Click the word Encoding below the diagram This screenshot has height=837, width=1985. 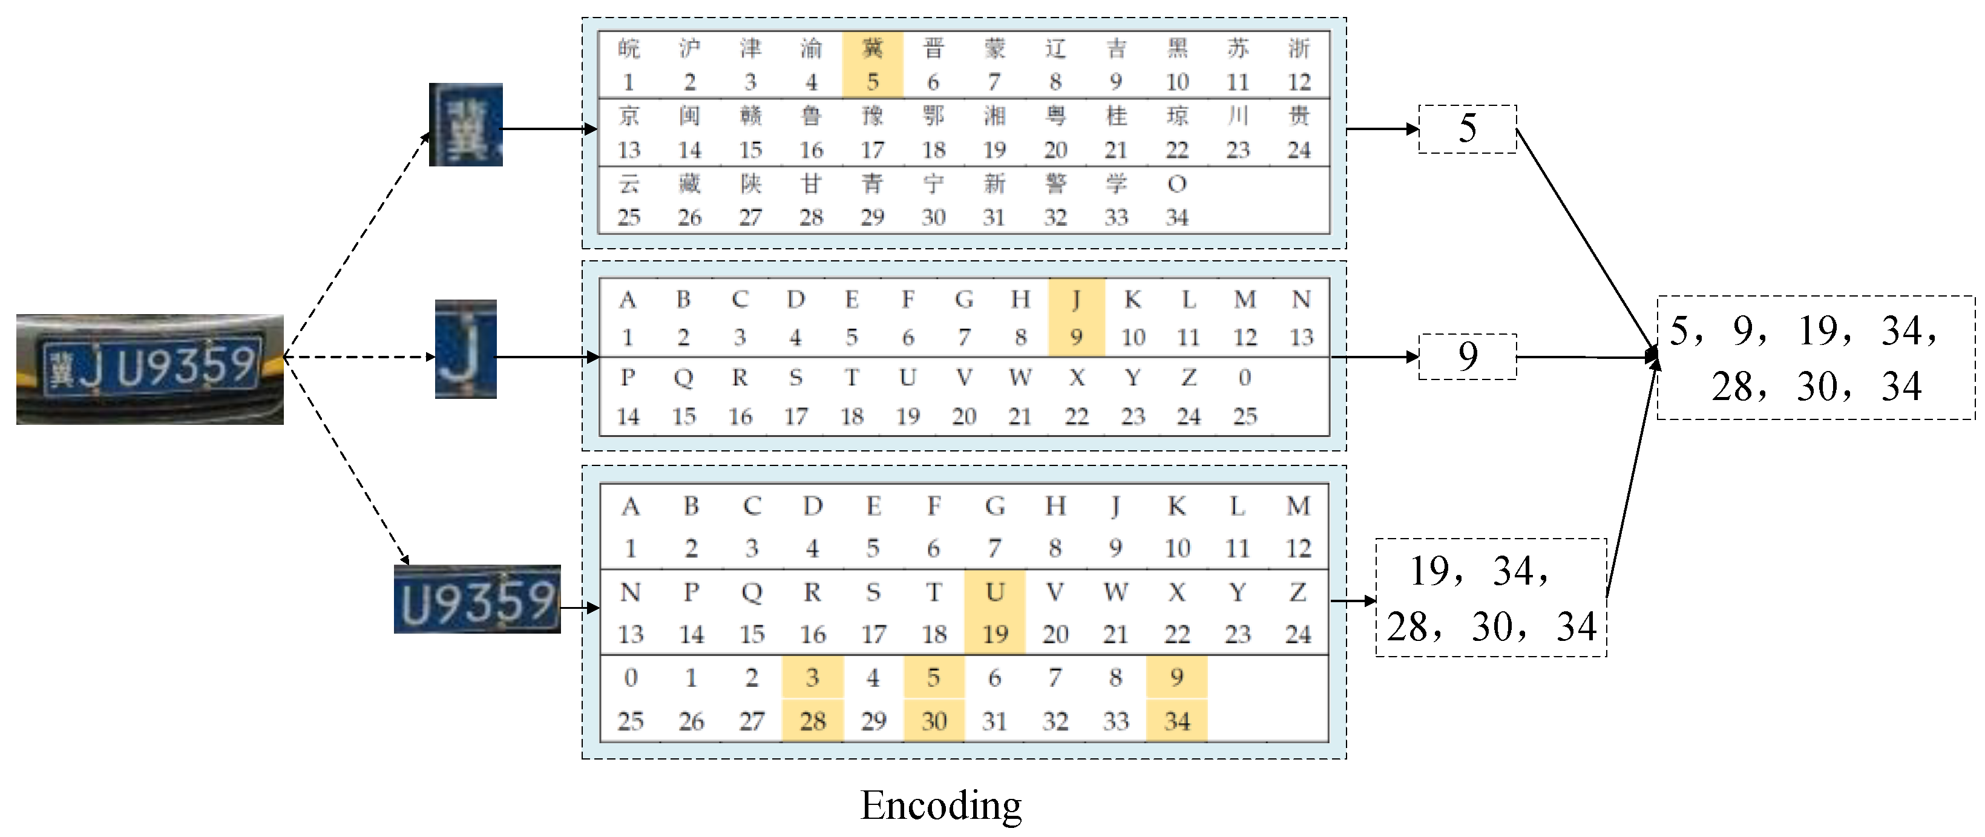click(x=941, y=806)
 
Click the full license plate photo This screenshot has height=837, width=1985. click(x=150, y=369)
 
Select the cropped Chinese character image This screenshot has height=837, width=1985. click(x=465, y=125)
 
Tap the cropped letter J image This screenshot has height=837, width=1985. click(x=465, y=349)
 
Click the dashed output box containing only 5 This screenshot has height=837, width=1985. click(x=1467, y=129)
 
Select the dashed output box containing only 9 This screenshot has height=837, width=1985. click(x=1467, y=356)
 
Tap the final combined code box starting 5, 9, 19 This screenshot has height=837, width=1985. click(x=1815, y=358)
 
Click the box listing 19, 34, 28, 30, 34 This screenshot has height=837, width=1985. click(x=1491, y=598)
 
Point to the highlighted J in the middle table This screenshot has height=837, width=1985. click(x=1077, y=299)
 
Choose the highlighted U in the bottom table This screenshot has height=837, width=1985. click(x=995, y=592)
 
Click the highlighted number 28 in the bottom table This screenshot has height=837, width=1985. click(x=813, y=721)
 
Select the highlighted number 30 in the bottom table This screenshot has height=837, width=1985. click(x=934, y=721)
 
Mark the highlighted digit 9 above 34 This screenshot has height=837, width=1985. click(x=1176, y=677)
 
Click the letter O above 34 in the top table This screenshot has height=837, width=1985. click(x=1176, y=184)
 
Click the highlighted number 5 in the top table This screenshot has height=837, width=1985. click(x=872, y=82)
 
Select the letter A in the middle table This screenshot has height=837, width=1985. click(x=628, y=299)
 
